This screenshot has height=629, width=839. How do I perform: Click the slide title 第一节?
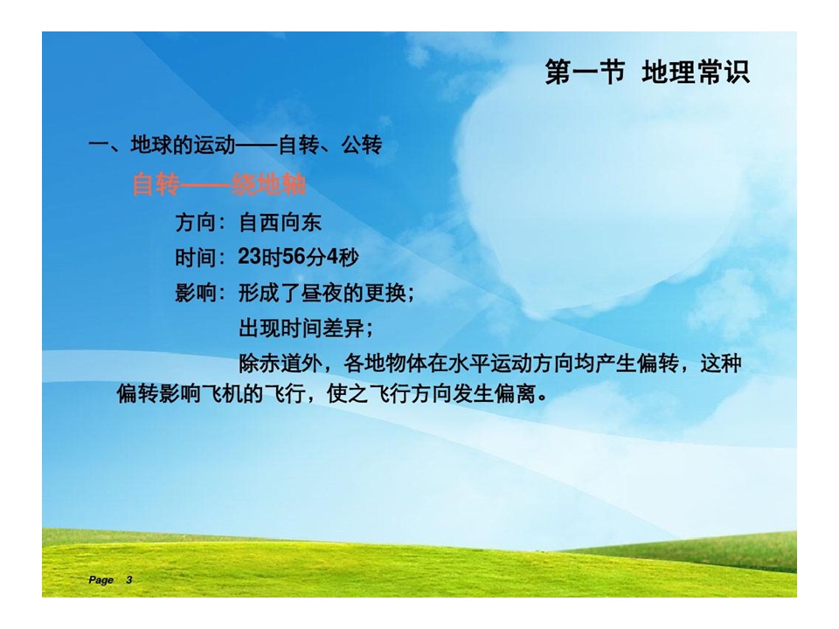click(585, 72)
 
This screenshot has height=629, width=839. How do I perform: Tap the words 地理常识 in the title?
click(696, 72)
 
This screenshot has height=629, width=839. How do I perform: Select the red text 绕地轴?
click(268, 185)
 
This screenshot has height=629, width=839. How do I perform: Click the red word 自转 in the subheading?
click(156, 185)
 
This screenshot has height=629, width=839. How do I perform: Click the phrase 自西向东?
click(280, 223)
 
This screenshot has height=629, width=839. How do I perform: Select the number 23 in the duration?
click(249, 257)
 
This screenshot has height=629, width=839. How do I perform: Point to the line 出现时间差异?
click(302, 328)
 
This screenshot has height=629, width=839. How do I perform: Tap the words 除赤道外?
click(280, 363)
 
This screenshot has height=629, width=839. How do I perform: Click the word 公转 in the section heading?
click(362, 145)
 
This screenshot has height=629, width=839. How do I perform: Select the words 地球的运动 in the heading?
click(183, 145)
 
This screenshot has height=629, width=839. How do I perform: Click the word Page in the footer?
click(101, 580)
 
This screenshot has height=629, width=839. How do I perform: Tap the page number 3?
click(129, 580)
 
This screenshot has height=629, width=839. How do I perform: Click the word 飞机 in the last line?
click(221, 394)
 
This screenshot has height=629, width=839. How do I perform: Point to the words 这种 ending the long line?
click(721, 363)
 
